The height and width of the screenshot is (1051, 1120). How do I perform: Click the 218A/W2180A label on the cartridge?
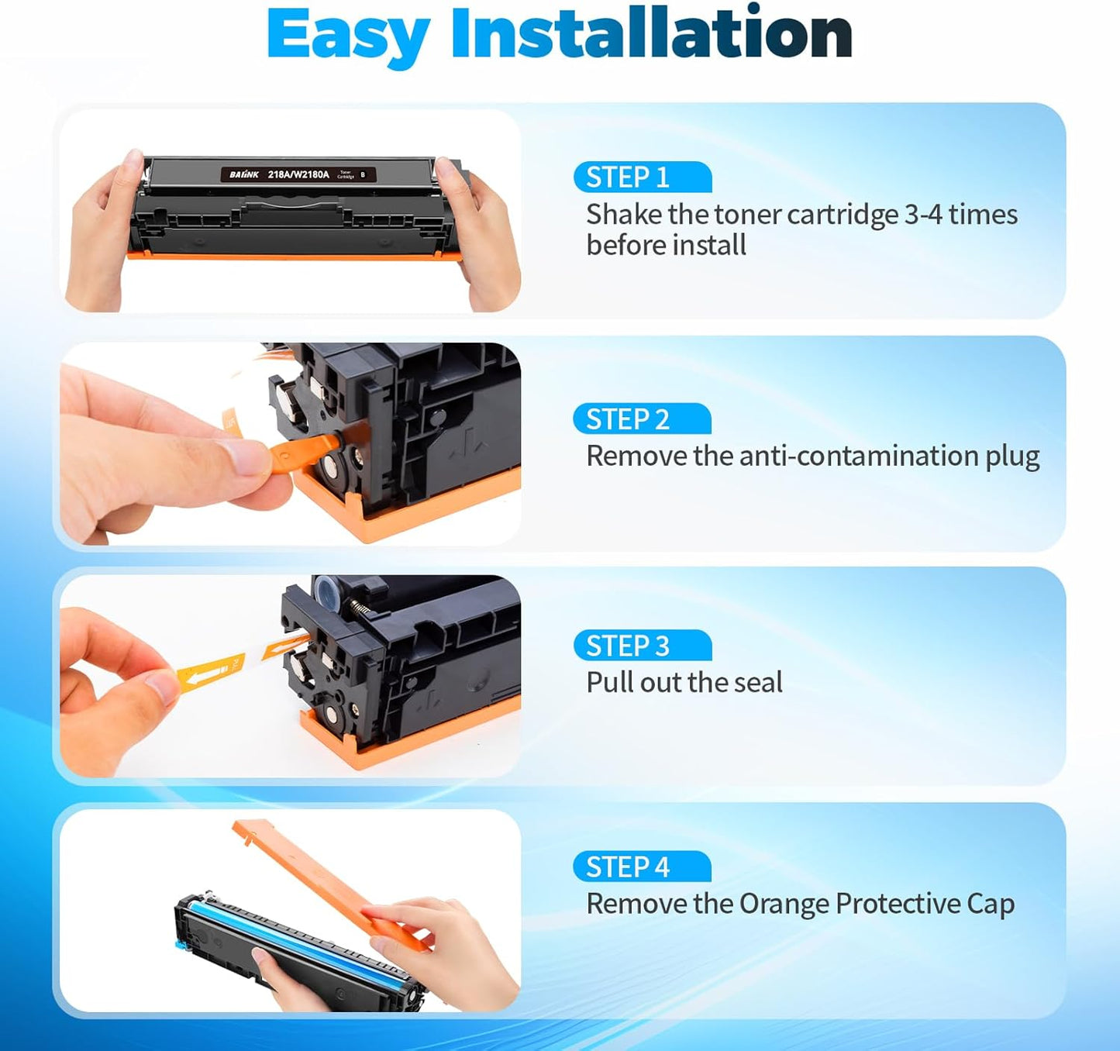pos(298,175)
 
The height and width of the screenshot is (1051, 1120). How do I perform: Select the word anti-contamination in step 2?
pos(859,456)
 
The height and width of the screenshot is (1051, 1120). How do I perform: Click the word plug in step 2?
pos(1012,457)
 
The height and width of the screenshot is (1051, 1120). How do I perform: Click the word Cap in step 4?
pos(991,905)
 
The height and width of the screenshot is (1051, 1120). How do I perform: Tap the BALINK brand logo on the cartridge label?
pos(244,175)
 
